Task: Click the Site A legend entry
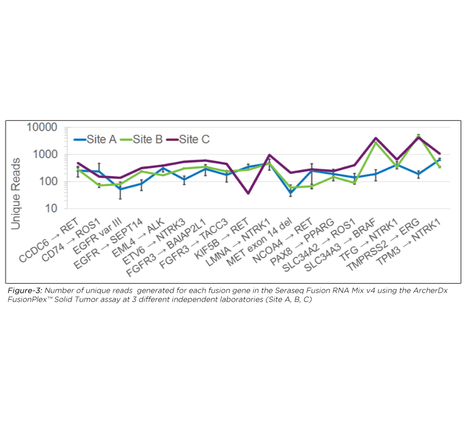(x=95, y=139)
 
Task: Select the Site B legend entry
(x=142, y=139)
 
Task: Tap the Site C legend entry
(x=188, y=139)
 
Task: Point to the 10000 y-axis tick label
(x=42, y=127)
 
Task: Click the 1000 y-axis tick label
(x=45, y=154)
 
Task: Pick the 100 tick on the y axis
(x=48, y=181)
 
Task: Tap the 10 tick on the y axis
(x=51, y=208)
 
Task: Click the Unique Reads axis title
(x=16, y=194)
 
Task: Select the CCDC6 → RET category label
(x=49, y=240)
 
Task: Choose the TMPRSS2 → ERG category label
(x=383, y=244)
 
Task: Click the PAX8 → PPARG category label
(x=302, y=241)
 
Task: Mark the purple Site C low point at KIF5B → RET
(x=248, y=193)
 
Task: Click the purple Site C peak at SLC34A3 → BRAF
(x=376, y=138)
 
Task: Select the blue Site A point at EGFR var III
(x=120, y=189)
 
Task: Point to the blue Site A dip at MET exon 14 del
(x=291, y=193)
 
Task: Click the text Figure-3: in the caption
(x=25, y=291)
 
